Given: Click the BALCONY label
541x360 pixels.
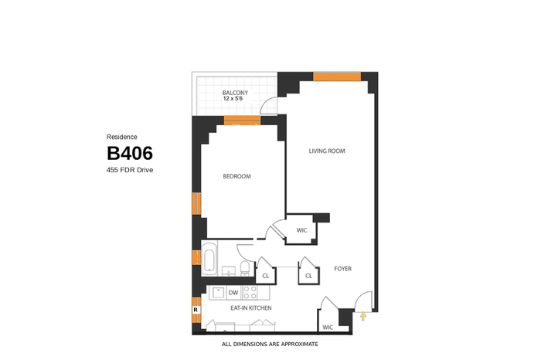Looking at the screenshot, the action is pyautogui.click(x=235, y=93).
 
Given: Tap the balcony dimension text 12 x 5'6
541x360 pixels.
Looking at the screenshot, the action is pyautogui.click(x=233, y=99).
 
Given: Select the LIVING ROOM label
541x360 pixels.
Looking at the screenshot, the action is pyautogui.click(x=327, y=151).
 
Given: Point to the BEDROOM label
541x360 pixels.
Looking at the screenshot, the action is pyautogui.click(x=236, y=177).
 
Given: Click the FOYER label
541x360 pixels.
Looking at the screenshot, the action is pyautogui.click(x=342, y=269).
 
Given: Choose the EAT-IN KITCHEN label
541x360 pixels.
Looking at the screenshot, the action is pyautogui.click(x=251, y=308).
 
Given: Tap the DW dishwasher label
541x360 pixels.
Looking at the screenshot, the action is pyautogui.click(x=233, y=293).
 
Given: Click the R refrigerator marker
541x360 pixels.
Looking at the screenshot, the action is pyautogui.click(x=196, y=310).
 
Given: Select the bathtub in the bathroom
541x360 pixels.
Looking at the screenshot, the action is pyautogui.click(x=209, y=260).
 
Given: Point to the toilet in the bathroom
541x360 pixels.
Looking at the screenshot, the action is pyautogui.click(x=245, y=268).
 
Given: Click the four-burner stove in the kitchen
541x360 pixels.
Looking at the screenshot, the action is pyautogui.click(x=250, y=293).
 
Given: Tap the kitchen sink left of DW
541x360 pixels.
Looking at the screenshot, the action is pyautogui.click(x=219, y=293).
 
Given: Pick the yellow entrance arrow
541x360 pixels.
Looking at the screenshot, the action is pyautogui.click(x=362, y=316).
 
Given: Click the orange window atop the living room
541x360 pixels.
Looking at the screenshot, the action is pyautogui.click(x=337, y=76).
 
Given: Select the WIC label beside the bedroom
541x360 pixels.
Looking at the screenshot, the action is pyautogui.click(x=301, y=230).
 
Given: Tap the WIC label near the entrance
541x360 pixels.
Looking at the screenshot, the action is pyautogui.click(x=328, y=328).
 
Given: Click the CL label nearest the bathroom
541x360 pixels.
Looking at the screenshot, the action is pyautogui.click(x=265, y=276).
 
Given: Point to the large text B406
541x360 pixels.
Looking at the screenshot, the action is pyautogui.click(x=130, y=153).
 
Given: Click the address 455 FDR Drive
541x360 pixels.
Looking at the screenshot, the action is pyautogui.click(x=130, y=170).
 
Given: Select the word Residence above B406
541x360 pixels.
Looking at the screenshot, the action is pyautogui.click(x=122, y=137).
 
